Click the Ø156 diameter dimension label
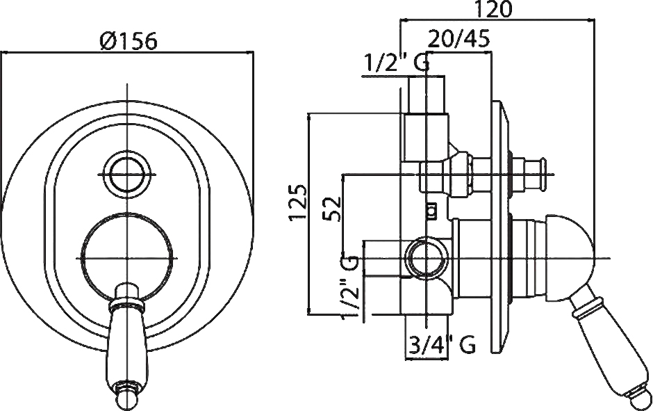point(129,41)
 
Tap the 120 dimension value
point(493,9)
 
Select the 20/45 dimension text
point(459,40)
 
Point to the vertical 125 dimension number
point(298,202)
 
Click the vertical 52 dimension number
point(333,209)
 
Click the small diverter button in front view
point(126,175)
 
